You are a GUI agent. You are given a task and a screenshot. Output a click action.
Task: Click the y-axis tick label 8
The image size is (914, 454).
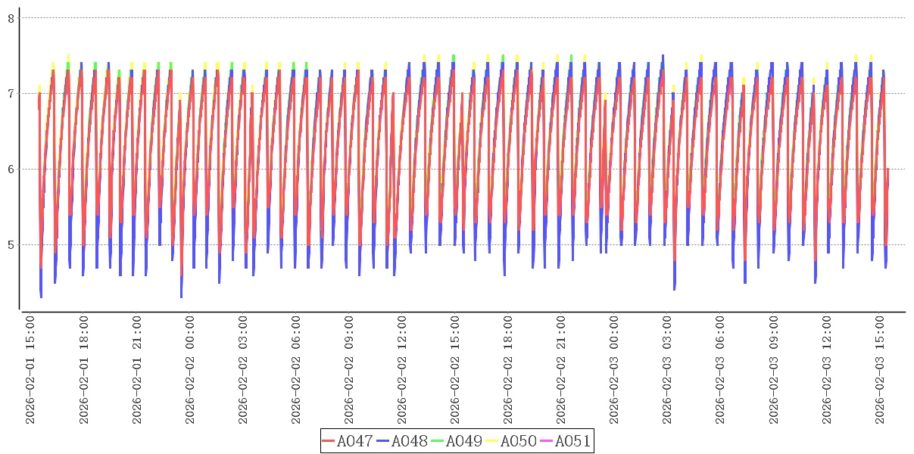coord(11,18)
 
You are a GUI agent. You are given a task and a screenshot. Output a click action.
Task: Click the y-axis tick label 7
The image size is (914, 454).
coord(11,94)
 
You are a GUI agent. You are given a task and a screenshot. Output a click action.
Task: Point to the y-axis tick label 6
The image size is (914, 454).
coord(11,169)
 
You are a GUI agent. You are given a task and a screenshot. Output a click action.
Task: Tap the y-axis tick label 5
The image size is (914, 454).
coord(11,245)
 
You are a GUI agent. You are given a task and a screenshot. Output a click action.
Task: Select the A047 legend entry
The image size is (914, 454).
coord(348,441)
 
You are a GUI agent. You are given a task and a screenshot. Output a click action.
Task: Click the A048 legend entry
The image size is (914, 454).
coord(402,441)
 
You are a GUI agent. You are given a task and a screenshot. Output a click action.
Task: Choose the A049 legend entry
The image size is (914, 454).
coord(457,441)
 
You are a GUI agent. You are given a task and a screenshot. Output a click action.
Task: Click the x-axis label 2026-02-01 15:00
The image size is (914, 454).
coord(31,371)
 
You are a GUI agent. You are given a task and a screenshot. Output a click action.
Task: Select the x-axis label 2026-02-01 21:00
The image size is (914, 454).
coord(137,371)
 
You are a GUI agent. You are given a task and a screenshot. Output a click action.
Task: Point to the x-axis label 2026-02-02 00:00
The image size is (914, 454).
coord(190,371)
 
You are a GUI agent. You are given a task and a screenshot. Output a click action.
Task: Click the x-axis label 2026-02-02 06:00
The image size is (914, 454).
coord(296,371)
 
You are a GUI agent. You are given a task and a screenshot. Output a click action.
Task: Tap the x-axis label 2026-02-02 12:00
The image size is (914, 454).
coord(402,371)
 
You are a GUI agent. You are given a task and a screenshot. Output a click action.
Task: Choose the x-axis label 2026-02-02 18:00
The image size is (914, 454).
coord(508,371)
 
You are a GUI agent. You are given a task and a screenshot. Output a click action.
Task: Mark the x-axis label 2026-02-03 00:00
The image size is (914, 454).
coord(614,371)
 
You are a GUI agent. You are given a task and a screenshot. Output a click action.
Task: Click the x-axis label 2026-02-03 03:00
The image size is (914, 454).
coord(667,371)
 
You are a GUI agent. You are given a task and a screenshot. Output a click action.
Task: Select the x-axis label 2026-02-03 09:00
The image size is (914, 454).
coord(773,371)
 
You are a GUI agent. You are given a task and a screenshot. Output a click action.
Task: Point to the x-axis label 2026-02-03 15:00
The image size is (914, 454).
coord(879,371)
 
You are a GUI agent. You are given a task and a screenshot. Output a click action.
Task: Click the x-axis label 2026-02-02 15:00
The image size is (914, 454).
coord(455,371)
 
